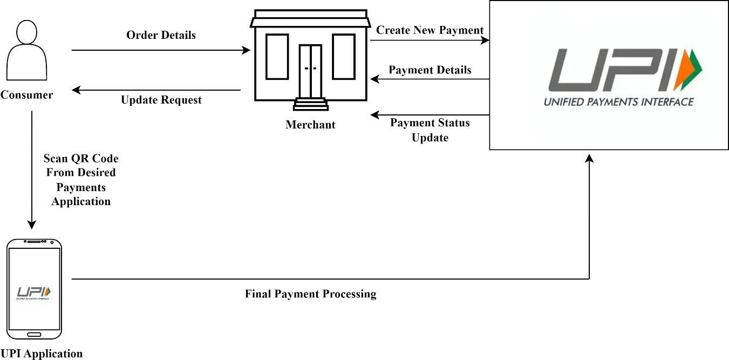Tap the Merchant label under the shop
click(310, 125)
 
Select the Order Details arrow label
click(161, 35)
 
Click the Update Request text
click(161, 100)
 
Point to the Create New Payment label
click(430, 30)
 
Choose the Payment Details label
click(430, 70)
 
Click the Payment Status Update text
click(430, 130)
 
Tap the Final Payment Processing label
click(310, 294)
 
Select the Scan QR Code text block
click(81, 180)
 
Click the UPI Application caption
click(42, 354)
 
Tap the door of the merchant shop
click(310, 71)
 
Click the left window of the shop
click(277, 57)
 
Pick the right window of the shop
click(343, 57)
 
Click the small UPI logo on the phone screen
click(33, 292)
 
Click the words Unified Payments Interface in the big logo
click(618, 101)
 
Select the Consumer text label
click(26, 95)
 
